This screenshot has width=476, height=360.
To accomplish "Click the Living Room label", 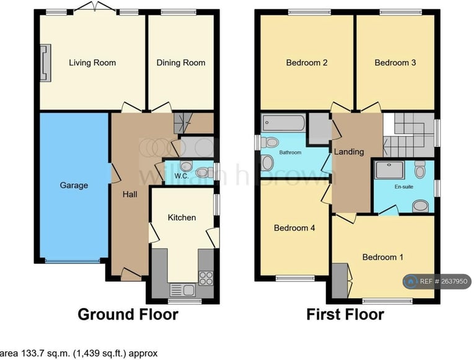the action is point(92,63).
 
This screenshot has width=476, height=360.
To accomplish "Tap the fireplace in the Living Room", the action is point(45,63).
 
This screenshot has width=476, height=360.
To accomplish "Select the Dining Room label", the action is point(181,63).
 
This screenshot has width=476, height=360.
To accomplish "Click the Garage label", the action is point(74,185).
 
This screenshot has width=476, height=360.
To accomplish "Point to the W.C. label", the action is point(182,176).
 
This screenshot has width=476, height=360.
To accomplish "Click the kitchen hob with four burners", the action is point(206,278).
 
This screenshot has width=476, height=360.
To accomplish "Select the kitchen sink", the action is point(182,290).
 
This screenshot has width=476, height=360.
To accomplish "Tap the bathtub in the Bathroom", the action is point(283,123).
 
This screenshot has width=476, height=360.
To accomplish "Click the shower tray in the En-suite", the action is point(390,170).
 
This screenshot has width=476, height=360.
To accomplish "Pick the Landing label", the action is point(349,151).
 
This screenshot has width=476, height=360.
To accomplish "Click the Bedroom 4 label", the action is point(294,227).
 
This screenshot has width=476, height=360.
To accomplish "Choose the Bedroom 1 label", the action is point(383,257).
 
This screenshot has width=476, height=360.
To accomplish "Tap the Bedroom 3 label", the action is point(395,63).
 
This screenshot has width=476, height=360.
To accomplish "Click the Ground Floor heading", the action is point(128,314).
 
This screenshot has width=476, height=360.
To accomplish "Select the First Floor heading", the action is point(345,314).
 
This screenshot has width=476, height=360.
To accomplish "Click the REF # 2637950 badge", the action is point(438,281).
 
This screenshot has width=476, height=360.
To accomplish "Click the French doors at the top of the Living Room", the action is point(94,9).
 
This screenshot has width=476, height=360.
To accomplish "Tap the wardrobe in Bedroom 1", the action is point(340,281).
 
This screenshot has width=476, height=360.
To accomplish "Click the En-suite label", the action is point(403,187).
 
